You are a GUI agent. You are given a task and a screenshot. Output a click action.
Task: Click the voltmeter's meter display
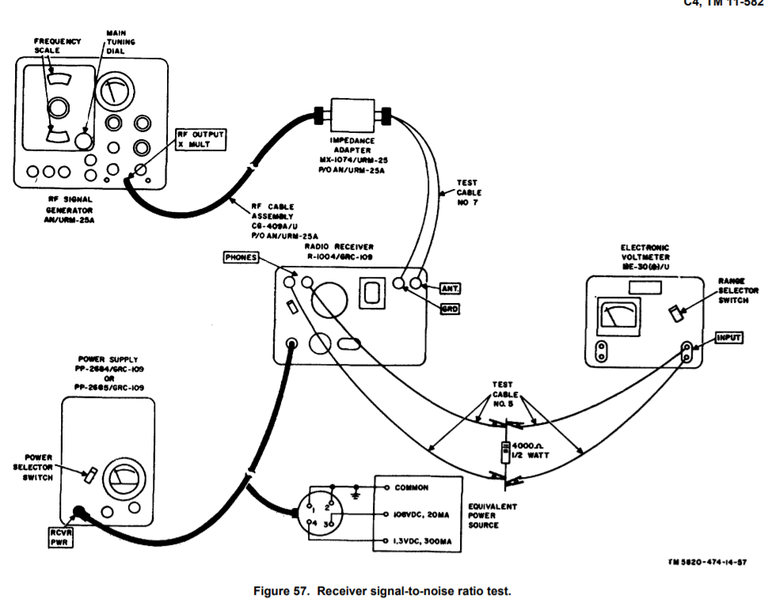616,315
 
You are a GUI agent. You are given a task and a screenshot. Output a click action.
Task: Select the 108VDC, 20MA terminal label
420,515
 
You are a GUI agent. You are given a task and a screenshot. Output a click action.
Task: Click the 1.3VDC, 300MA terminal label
421,542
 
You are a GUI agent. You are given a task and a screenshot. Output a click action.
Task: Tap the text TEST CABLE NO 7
469,193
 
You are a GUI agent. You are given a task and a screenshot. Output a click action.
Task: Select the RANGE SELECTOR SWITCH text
738,290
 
